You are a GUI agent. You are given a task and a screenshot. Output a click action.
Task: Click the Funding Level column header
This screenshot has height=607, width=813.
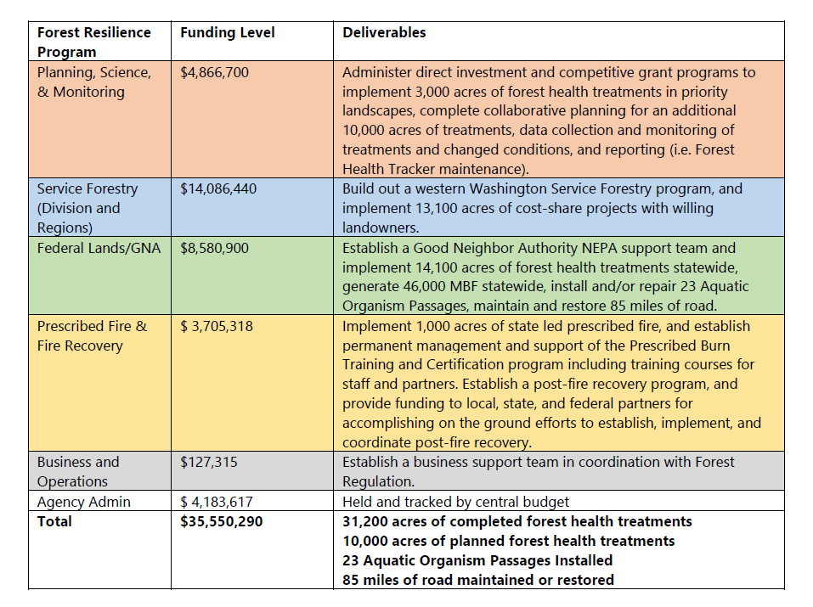[x=227, y=32]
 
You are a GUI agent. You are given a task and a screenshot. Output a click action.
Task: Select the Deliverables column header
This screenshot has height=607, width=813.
[x=384, y=32]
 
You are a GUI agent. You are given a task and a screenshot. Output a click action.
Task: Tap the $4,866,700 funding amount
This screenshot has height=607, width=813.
[x=215, y=72]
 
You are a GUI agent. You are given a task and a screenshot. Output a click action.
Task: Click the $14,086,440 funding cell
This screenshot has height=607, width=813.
[x=218, y=188]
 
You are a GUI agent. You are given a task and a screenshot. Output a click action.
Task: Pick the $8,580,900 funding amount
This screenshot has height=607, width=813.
[x=215, y=248]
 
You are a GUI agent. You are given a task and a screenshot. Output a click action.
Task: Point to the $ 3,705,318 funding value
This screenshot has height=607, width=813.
[x=217, y=327]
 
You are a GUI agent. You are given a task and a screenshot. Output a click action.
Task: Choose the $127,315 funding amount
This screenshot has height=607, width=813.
[x=209, y=463]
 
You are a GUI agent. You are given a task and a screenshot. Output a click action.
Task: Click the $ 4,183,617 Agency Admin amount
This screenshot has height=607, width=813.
[x=217, y=502]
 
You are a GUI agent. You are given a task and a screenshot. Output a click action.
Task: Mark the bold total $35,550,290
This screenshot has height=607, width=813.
[x=222, y=521]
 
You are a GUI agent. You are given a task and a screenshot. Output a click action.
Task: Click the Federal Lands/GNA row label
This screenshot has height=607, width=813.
[x=99, y=248]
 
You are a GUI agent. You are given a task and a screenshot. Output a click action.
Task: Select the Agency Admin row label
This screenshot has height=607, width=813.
[x=84, y=502]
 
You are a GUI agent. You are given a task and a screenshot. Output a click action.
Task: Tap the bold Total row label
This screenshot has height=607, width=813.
[x=54, y=521]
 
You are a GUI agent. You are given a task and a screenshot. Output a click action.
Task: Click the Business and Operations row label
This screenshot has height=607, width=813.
[x=78, y=472]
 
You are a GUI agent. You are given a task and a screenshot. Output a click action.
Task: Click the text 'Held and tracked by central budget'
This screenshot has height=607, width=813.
[x=455, y=502]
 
